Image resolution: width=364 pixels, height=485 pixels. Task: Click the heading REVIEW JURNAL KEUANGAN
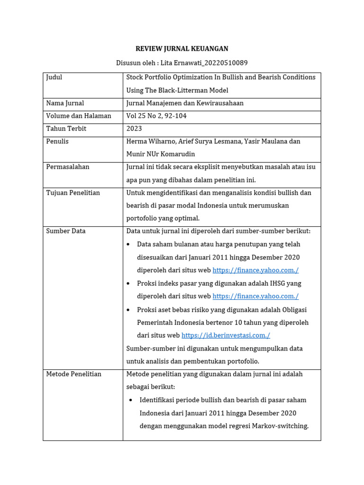pyautogui.click(x=182, y=49)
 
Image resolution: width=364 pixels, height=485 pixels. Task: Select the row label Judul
pyautogui.click(x=54, y=77)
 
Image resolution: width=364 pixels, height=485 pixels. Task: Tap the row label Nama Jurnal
pyautogui.click(x=65, y=103)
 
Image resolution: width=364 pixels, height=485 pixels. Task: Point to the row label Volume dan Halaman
pyautogui.click(x=79, y=116)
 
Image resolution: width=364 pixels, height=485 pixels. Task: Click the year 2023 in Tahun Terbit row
pyautogui.click(x=134, y=129)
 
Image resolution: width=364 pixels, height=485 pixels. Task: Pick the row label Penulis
pyautogui.click(x=57, y=142)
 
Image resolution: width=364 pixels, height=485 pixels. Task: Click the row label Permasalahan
pyautogui.click(x=68, y=167)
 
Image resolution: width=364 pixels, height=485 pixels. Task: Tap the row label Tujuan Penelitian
pyautogui.click(x=73, y=193)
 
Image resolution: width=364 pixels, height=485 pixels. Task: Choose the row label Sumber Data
pyautogui.click(x=66, y=231)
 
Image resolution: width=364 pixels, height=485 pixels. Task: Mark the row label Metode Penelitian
pyautogui.click(x=74, y=374)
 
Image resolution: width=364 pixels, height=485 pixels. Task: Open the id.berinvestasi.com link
pyautogui.click(x=226, y=335)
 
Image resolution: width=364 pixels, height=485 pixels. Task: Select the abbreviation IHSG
pyautogui.click(x=277, y=283)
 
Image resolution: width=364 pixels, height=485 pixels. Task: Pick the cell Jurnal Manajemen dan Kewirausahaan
pyautogui.click(x=185, y=103)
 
